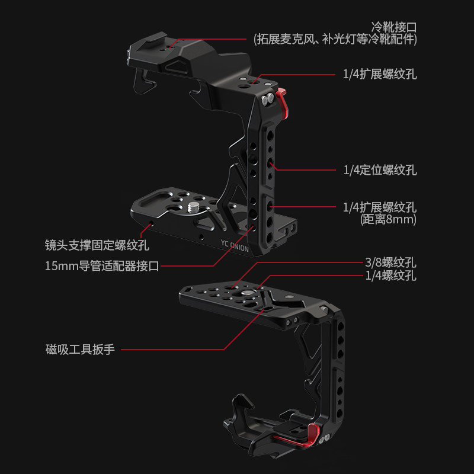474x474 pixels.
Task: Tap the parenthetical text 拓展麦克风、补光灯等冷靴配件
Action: (x=335, y=40)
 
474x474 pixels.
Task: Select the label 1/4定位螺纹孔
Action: (x=380, y=171)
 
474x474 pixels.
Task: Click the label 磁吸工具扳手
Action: (x=81, y=349)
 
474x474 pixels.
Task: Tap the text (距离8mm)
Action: (x=389, y=220)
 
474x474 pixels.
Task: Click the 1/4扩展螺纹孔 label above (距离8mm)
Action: (x=380, y=207)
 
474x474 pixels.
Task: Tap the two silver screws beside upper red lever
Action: (x=270, y=99)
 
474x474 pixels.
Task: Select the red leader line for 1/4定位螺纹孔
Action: (x=308, y=170)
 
